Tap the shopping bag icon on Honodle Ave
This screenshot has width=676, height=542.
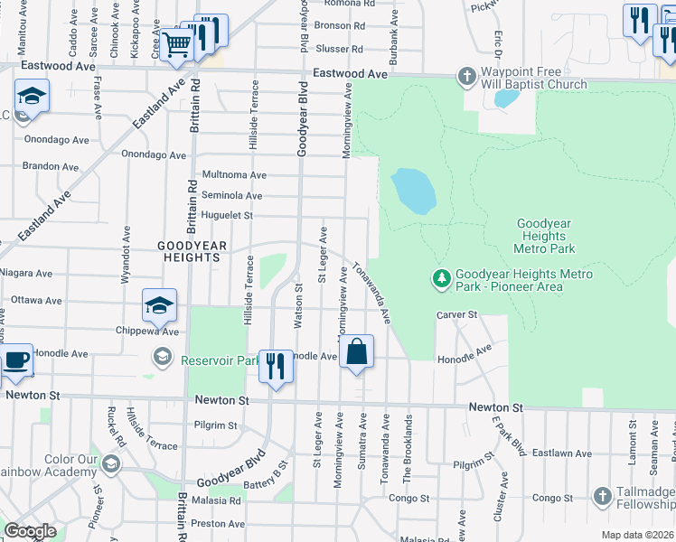click(x=358, y=352)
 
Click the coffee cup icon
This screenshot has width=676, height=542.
click(x=16, y=360)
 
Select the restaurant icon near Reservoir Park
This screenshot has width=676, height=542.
click(x=276, y=366)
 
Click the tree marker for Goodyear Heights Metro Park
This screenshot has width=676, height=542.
click(x=442, y=280)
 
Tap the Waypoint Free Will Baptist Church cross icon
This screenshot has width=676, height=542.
click(x=466, y=76)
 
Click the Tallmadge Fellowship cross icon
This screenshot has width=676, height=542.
click(x=603, y=496)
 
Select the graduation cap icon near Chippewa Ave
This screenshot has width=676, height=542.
click(x=159, y=306)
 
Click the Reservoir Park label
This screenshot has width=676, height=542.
click(x=221, y=361)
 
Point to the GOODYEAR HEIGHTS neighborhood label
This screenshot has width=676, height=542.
click(x=190, y=251)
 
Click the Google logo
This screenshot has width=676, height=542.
click(x=30, y=531)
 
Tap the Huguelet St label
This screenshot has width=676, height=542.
click(x=227, y=216)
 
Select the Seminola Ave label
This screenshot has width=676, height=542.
click(x=232, y=195)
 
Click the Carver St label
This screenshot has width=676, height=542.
click(x=456, y=314)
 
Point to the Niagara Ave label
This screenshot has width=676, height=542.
click(x=27, y=273)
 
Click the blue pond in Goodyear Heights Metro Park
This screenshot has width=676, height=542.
click(x=413, y=192)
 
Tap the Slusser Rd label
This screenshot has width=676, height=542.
click(x=339, y=49)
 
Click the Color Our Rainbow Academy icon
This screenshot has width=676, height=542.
click(x=110, y=464)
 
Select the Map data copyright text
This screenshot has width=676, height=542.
click(x=638, y=535)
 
